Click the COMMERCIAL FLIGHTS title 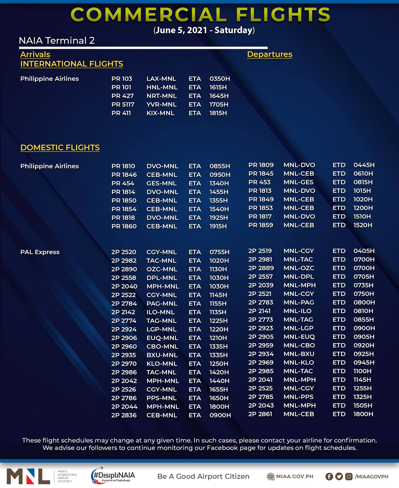pyautogui.click(x=200, y=15)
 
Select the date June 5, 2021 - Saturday pyautogui.click(x=204, y=30)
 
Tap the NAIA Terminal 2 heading pyautogui.click(x=57, y=41)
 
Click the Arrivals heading pyautogui.click(x=35, y=54)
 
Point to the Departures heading pyautogui.click(x=269, y=54)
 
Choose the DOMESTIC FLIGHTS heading pyautogui.click(x=60, y=148)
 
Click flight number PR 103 pyautogui.click(x=122, y=79)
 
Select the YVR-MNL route pyautogui.click(x=161, y=104)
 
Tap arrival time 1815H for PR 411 pyautogui.click(x=218, y=113)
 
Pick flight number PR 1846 pyautogui.click(x=124, y=175)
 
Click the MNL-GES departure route pyautogui.click(x=298, y=182)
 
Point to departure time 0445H pyautogui.click(x=364, y=165)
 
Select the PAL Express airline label pyautogui.click(x=40, y=252)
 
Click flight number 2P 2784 pyautogui.click(x=124, y=303)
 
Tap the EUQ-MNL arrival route pyautogui.click(x=162, y=338)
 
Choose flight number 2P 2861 pyautogui.click(x=260, y=414)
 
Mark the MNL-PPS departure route pyautogui.click(x=298, y=397)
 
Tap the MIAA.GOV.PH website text pyautogui.click(x=294, y=476)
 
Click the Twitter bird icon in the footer pyautogui.click(x=339, y=476)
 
